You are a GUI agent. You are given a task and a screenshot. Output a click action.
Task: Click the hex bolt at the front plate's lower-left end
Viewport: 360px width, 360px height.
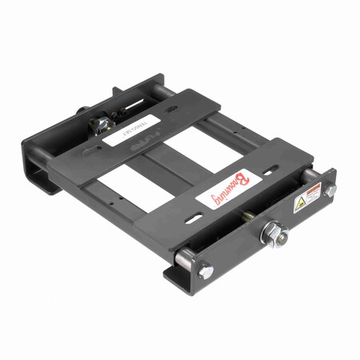(204, 270)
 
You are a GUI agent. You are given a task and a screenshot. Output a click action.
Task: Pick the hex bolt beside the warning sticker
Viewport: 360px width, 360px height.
(329, 189)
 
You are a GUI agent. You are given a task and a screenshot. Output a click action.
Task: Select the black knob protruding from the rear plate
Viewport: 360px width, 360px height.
(82, 112)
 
